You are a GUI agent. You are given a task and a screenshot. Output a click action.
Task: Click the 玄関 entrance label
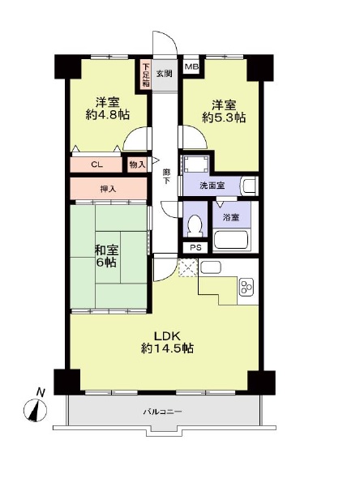(x=164, y=74)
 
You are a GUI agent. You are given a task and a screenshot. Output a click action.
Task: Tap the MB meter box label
(x=191, y=66)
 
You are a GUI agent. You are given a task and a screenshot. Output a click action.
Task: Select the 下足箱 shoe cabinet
(x=146, y=75)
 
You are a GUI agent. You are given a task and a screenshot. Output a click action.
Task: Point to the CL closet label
(x=96, y=164)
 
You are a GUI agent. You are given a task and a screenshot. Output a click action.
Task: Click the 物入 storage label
(x=137, y=164)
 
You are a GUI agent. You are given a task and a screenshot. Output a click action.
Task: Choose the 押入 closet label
(x=108, y=189)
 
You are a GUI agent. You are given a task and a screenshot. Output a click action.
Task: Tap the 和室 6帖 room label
(x=106, y=256)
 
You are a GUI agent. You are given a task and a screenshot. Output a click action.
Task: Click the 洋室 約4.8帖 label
(x=108, y=109)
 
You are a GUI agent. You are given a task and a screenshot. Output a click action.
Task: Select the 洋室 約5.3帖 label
(x=224, y=111)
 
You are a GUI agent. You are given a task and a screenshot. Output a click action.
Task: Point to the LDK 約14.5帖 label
(x=167, y=342)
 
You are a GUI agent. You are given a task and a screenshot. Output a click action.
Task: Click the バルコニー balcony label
(x=162, y=412)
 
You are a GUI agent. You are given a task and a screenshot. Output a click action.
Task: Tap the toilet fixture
(x=195, y=224)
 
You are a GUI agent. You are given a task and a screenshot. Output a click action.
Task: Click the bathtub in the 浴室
(x=231, y=240)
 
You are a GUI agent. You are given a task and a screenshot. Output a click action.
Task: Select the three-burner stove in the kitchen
(x=246, y=287)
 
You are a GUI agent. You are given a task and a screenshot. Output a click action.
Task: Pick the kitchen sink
(x=211, y=267)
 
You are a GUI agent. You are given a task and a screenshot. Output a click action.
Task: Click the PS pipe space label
(x=196, y=248)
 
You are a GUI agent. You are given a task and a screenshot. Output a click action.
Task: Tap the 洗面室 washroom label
(x=212, y=186)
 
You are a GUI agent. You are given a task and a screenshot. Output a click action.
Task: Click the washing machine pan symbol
(x=196, y=164)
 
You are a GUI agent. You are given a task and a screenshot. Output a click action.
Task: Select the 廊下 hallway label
(x=166, y=177)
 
